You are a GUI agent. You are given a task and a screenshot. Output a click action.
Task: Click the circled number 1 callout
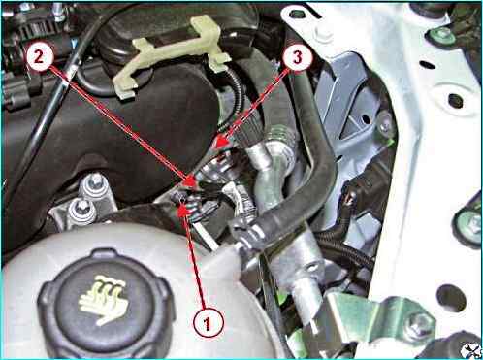coord(208,323)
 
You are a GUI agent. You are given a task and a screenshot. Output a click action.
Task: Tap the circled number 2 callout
coord(39,58)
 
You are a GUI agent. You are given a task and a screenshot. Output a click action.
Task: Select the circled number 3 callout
coord(297,57)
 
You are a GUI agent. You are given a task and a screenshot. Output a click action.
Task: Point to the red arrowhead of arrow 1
coord(183,211)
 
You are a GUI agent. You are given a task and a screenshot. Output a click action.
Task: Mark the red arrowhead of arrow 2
coord(190,180)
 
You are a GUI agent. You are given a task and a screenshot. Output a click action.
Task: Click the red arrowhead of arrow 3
coord(222,143)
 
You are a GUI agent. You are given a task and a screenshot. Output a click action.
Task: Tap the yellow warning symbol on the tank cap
coord(100,300)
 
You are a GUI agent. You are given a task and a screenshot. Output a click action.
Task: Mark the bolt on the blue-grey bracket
coord(386,125)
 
